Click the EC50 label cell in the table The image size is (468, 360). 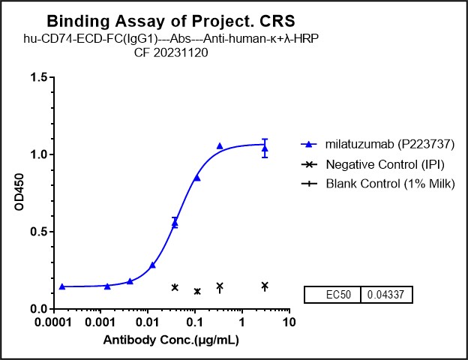[332, 295]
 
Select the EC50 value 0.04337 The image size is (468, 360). [386, 295]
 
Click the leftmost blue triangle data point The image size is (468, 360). [62, 286]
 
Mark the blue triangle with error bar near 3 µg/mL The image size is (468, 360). [265, 148]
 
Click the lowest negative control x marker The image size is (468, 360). [197, 291]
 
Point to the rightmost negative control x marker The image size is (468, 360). [265, 286]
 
